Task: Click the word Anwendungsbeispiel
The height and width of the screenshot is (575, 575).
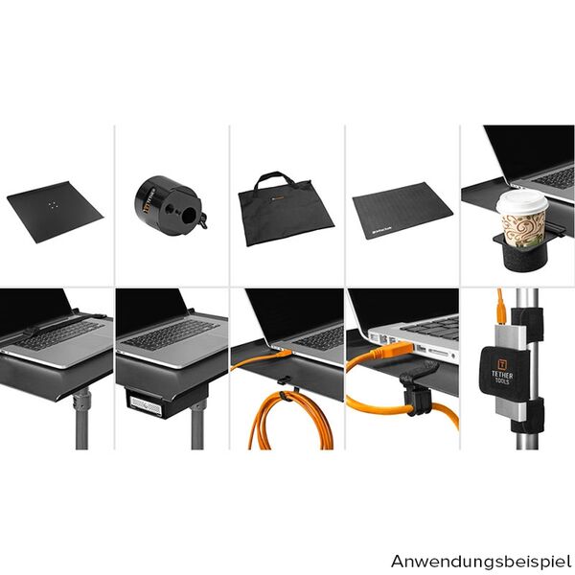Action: [x=480, y=559]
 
